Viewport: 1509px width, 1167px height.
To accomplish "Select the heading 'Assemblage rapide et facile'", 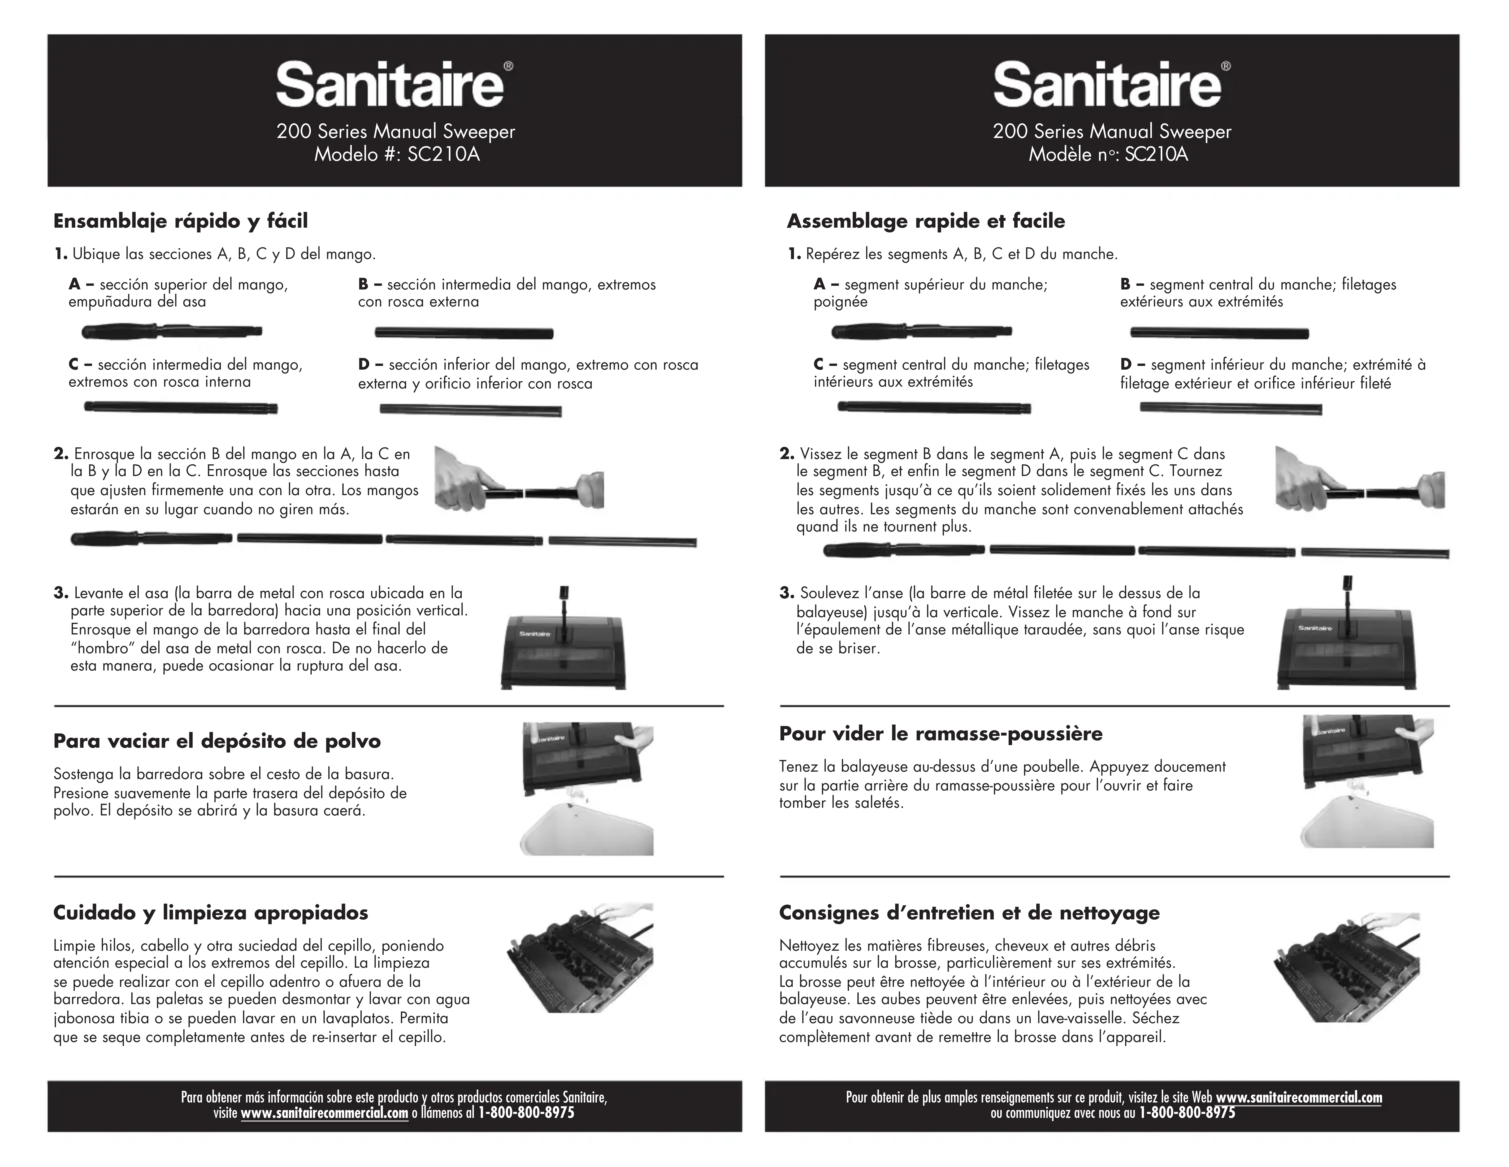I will point(926,221).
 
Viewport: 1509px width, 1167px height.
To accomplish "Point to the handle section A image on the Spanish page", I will point(171,332).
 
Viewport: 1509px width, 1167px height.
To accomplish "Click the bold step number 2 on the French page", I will point(786,454).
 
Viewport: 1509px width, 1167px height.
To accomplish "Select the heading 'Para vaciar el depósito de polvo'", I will point(217,741).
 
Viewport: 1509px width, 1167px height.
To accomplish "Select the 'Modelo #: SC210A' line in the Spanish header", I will point(397,154).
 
